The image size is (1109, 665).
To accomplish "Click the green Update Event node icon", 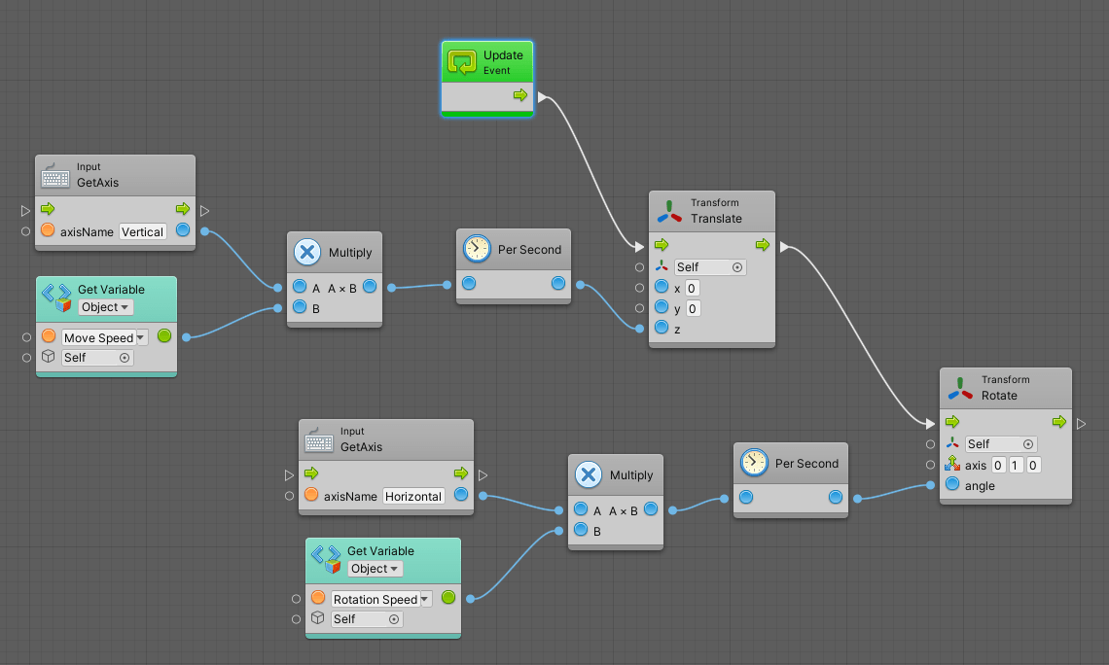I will (462, 62).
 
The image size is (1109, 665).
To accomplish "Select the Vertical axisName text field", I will (142, 231).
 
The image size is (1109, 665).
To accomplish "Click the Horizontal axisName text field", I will (412, 496).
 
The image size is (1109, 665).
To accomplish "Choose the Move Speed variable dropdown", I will (104, 337).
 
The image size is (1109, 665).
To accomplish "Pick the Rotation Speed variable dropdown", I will (380, 599).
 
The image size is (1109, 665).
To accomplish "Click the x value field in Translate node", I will (692, 288).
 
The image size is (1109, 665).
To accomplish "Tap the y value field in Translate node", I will (692, 308).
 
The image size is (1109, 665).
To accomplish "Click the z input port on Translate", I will (662, 328).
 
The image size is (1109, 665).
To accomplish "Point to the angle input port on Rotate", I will (952, 485).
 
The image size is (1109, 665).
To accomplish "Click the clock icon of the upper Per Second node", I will (477, 249).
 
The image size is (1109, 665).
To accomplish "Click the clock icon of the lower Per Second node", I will (754, 463).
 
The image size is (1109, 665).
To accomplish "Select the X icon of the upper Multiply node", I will (307, 252).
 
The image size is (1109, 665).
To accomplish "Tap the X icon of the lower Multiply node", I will (589, 474).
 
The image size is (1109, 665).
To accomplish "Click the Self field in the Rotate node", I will (1000, 444).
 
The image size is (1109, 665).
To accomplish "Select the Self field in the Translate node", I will (710, 267).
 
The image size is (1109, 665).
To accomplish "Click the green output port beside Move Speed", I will (163, 336).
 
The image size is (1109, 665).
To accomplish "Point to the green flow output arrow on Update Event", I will (520, 95).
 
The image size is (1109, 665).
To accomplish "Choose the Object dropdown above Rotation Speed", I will (375, 569).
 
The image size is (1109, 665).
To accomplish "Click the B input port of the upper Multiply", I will (300, 308).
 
